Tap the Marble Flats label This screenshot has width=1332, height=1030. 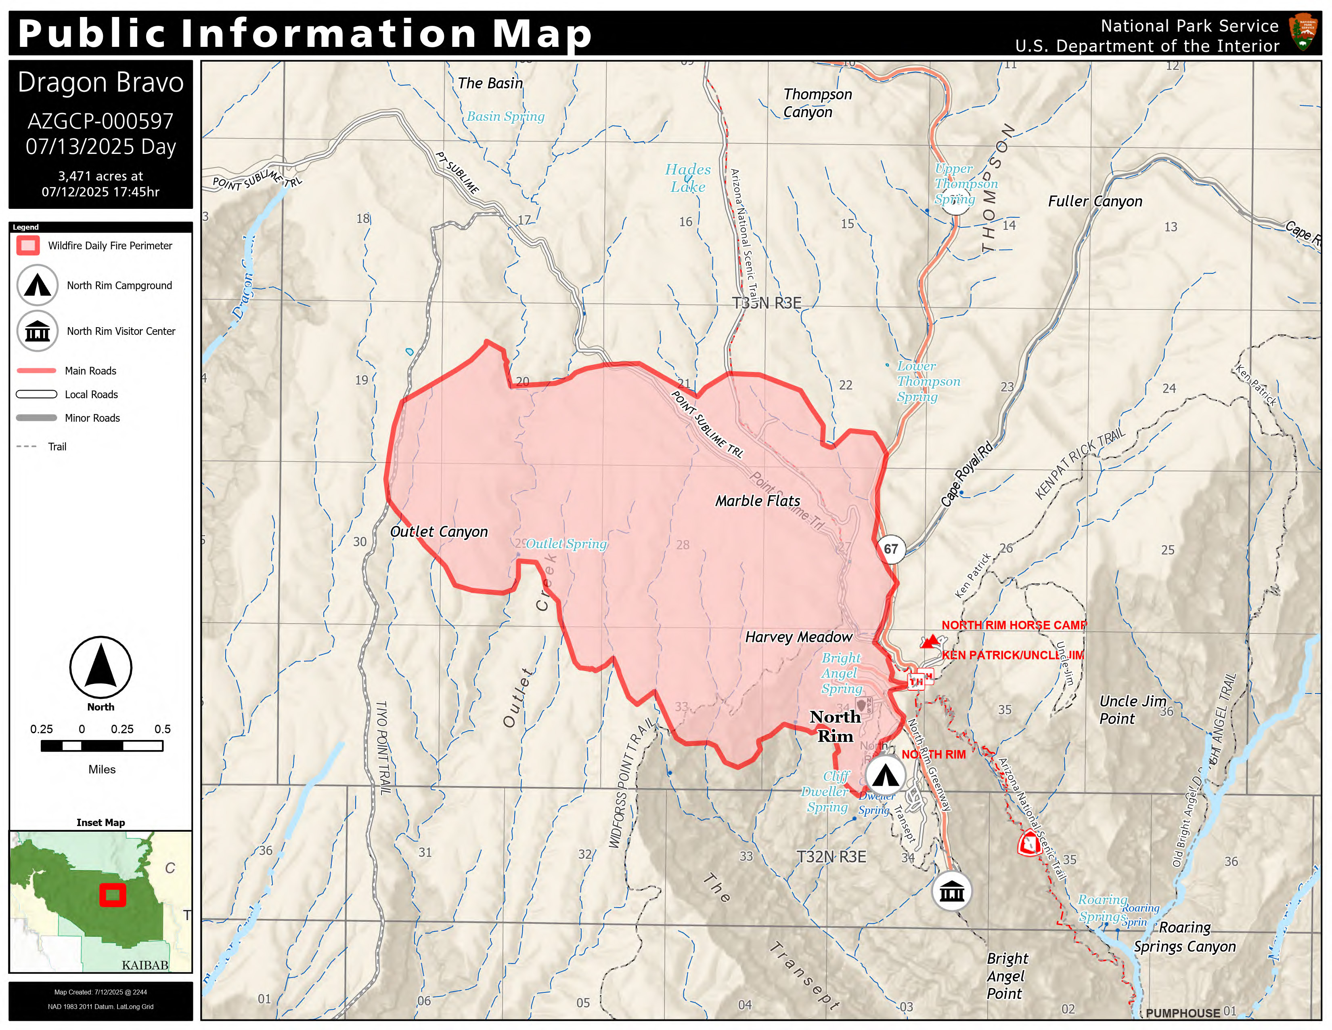(758, 501)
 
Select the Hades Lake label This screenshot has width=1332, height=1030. (687, 178)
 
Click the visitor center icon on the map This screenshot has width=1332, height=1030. (951, 892)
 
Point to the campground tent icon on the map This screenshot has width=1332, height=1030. (885, 775)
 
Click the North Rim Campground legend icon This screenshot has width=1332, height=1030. (37, 285)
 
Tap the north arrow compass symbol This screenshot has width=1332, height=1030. (101, 668)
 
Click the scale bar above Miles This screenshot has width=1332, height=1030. (102, 746)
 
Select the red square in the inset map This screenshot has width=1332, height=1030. (113, 895)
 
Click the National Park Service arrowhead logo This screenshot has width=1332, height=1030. (1303, 34)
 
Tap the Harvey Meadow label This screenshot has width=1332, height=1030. (798, 637)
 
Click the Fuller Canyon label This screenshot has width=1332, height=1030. (1095, 202)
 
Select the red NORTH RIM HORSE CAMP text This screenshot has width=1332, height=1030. (1014, 625)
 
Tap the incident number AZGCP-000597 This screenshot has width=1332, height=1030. (101, 121)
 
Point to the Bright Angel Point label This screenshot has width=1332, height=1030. (1007, 976)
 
